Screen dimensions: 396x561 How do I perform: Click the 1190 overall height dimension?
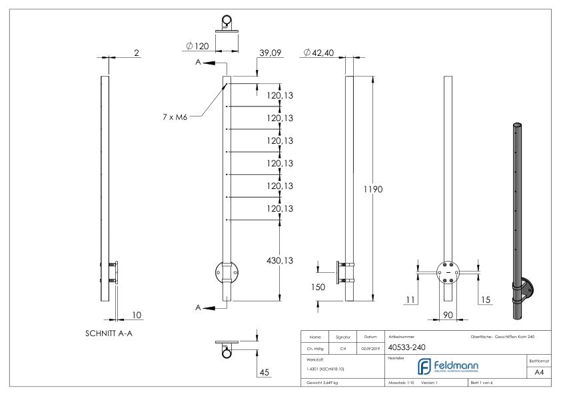click(x=373, y=190)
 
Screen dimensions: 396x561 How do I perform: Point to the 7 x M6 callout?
click(x=176, y=117)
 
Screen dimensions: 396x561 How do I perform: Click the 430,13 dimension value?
click(x=280, y=260)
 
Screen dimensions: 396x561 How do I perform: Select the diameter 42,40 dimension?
click(x=318, y=53)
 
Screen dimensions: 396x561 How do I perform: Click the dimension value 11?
click(x=411, y=300)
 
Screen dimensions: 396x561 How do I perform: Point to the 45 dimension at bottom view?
click(x=265, y=372)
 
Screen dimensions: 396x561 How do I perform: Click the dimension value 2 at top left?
click(x=137, y=53)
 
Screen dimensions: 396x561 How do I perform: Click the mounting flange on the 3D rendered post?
click(x=528, y=288)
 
